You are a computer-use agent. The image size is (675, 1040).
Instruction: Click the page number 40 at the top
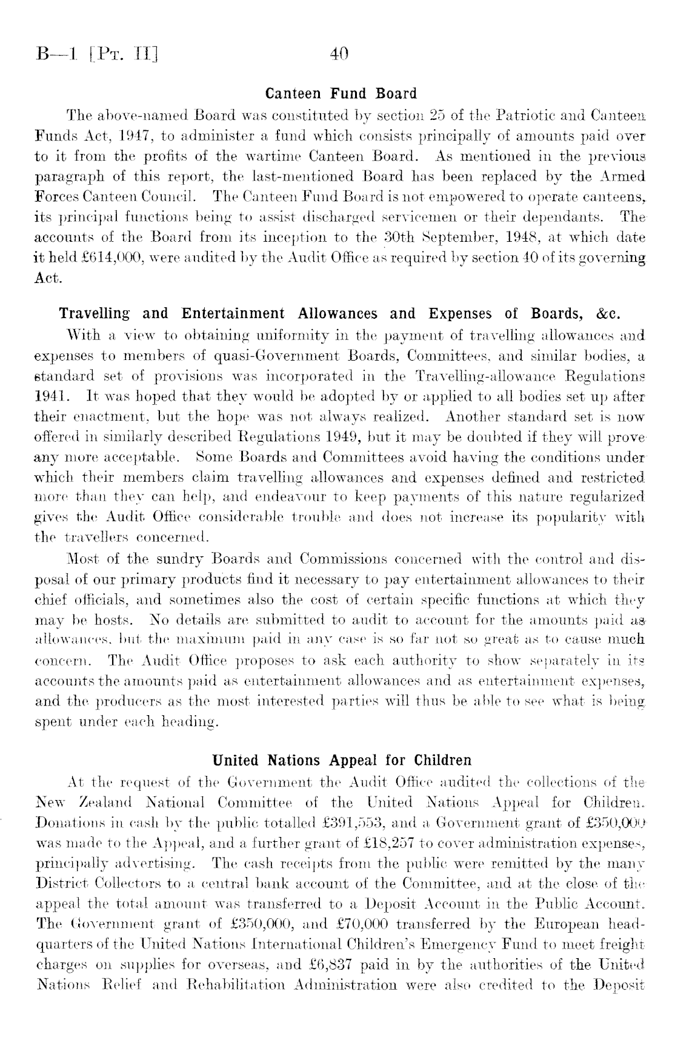tap(339, 55)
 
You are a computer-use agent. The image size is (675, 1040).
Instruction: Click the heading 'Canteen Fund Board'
tap(342, 94)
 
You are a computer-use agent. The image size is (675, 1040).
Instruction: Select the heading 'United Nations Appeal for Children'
tap(342, 760)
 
